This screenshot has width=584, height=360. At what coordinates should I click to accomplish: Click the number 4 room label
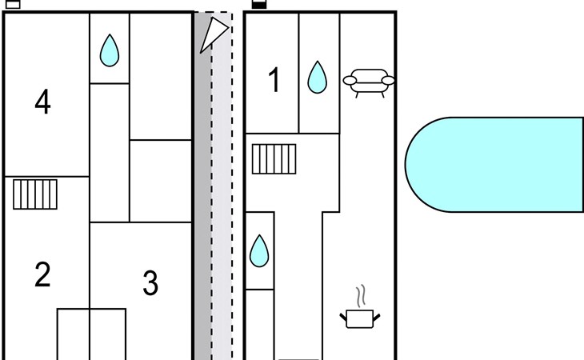pos(42,102)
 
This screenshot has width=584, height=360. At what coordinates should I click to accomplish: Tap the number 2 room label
pos(42,274)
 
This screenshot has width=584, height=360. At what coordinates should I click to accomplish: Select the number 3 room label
pos(150,283)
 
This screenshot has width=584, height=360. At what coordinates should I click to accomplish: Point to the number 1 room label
pos(274,81)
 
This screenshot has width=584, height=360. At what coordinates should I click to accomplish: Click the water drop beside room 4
pos(109,51)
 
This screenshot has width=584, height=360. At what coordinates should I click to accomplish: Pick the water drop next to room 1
pos(318,78)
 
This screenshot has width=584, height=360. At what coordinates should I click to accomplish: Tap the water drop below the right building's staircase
pos(259,251)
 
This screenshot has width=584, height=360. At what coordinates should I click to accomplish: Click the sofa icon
pos(368,81)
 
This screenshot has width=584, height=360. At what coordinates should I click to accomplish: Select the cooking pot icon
pos(360,318)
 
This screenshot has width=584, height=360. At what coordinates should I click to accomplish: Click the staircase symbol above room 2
pos(35,194)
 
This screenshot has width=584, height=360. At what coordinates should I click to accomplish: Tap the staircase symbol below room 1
pos(274,158)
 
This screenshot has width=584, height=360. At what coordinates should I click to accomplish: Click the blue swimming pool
pos(504,164)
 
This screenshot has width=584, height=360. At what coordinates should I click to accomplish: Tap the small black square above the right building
pos(258,3)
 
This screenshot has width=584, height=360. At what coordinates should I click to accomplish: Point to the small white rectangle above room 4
pos(13,3)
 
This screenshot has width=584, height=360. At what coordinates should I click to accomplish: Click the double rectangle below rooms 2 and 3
pos(91,334)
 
